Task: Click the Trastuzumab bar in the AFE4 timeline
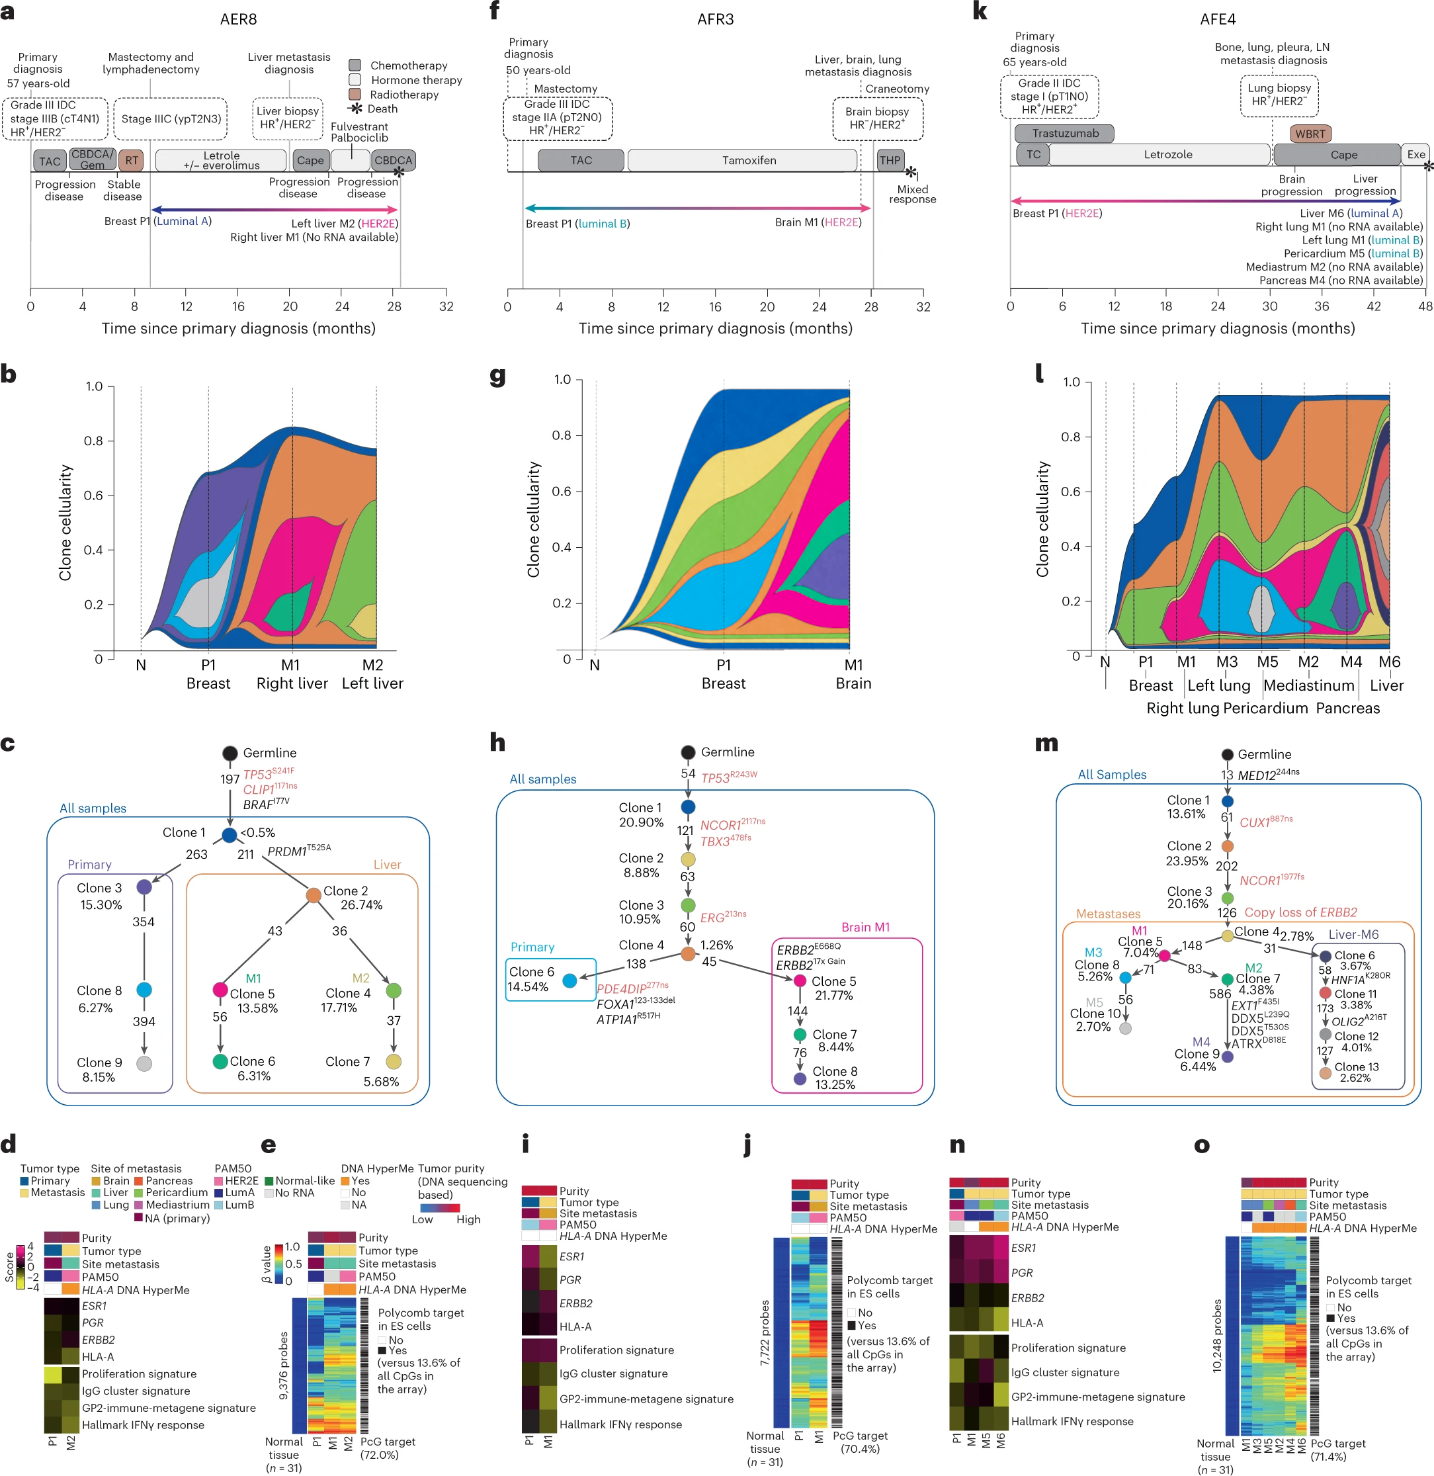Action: pos(1064,134)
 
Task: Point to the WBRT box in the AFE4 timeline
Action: pos(1310,134)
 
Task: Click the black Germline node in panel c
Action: pos(230,753)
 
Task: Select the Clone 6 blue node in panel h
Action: pos(569,980)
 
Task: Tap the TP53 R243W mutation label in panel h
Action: pos(729,777)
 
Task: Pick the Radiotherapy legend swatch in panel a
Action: pos(355,94)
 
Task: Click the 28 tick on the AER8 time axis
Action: pos(394,307)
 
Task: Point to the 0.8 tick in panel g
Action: pos(561,435)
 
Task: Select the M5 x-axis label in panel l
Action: pos(1267,662)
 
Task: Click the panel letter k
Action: pos(979,12)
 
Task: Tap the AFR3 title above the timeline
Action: pos(715,19)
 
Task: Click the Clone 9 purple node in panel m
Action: pos(1227,1057)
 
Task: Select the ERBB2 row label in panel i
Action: pos(575,1303)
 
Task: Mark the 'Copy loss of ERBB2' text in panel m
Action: pos(1300,912)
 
